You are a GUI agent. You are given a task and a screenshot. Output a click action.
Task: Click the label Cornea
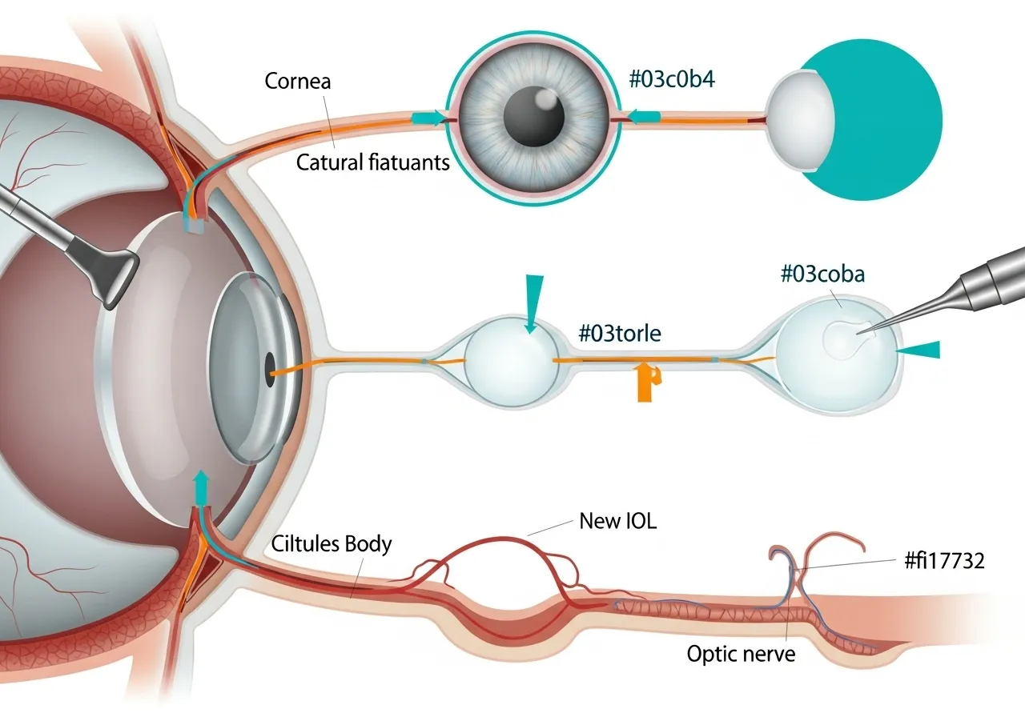click(297, 81)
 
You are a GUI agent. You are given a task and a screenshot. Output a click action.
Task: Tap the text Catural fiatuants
click(373, 162)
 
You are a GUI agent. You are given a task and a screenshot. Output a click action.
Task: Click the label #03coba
click(822, 274)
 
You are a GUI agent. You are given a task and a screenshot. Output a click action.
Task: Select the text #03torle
click(620, 333)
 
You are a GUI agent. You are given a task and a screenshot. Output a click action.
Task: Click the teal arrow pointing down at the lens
click(529, 302)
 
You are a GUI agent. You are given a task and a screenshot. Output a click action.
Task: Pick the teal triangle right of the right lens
click(920, 350)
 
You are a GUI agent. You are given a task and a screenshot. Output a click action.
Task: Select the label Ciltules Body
click(332, 545)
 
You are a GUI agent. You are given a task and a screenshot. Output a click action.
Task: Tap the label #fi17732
click(944, 561)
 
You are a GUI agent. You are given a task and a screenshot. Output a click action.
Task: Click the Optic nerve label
click(742, 654)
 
